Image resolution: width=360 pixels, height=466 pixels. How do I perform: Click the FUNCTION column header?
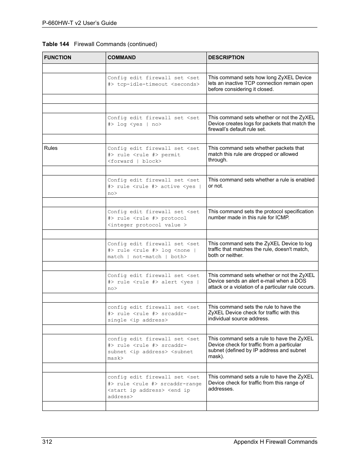tap(58, 58)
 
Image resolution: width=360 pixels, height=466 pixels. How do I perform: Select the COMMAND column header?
tap(122, 58)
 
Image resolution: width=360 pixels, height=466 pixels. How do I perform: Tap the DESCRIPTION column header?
tap(226, 58)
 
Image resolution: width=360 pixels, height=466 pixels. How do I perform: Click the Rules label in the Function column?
tap(51, 148)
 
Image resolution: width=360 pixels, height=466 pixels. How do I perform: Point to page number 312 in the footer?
tap(47, 442)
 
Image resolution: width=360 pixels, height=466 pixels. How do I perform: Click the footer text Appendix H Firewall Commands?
tap(275, 442)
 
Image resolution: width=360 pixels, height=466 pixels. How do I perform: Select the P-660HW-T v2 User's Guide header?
tap(80, 23)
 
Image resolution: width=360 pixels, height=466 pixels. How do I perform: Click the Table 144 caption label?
tap(56, 44)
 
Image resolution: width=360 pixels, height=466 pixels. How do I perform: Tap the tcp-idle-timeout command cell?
tap(153, 81)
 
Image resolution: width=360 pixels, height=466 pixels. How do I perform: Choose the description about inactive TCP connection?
tap(260, 83)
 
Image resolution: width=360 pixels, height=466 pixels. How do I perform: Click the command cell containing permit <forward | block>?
tap(153, 155)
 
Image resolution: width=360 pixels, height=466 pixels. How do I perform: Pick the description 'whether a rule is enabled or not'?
tap(261, 183)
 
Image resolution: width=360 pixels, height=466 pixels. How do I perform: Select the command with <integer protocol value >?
tap(153, 218)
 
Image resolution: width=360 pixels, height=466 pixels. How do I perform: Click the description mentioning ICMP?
tap(260, 215)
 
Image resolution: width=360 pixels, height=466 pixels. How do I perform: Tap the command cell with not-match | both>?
tap(153, 250)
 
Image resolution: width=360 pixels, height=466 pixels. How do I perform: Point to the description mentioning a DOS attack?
tap(261, 281)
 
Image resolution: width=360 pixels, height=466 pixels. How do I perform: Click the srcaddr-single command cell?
tap(153, 314)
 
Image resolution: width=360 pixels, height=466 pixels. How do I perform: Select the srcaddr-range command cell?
tap(154, 387)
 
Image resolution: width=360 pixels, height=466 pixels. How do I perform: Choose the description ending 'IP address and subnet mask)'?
tap(260, 348)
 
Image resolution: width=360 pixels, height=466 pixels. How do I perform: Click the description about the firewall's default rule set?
tap(261, 123)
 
